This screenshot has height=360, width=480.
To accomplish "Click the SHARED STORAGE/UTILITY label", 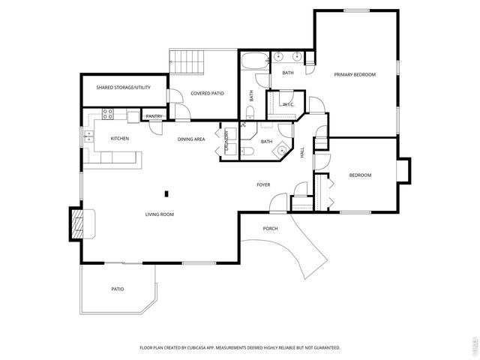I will click(x=124, y=88).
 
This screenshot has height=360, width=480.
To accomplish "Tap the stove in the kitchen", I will click(x=107, y=115).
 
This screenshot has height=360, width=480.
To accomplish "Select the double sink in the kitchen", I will click(x=88, y=136).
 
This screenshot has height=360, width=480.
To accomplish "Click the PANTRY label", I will click(x=154, y=116).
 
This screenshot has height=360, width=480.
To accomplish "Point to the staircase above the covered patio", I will click(x=187, y=61).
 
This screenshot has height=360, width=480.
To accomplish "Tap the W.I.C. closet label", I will click(x=286, y=104).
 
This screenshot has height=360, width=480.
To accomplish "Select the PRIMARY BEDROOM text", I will click(x=355, y=74).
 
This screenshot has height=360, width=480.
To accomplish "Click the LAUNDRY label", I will click(x=226, y=142).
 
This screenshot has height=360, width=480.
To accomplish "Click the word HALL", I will click(x=302, y=151).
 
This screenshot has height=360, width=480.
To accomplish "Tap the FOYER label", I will click(x=263, y=184).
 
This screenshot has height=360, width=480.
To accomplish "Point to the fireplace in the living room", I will click(x=78, y=223).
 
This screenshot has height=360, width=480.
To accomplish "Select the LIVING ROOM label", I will click(x=160, y=214).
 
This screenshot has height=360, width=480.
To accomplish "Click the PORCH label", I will click(x=270, y=228).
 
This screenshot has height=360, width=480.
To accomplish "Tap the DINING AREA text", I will click(x=191, y=139).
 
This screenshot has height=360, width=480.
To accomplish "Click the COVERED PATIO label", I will click(x=208, y=94).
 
